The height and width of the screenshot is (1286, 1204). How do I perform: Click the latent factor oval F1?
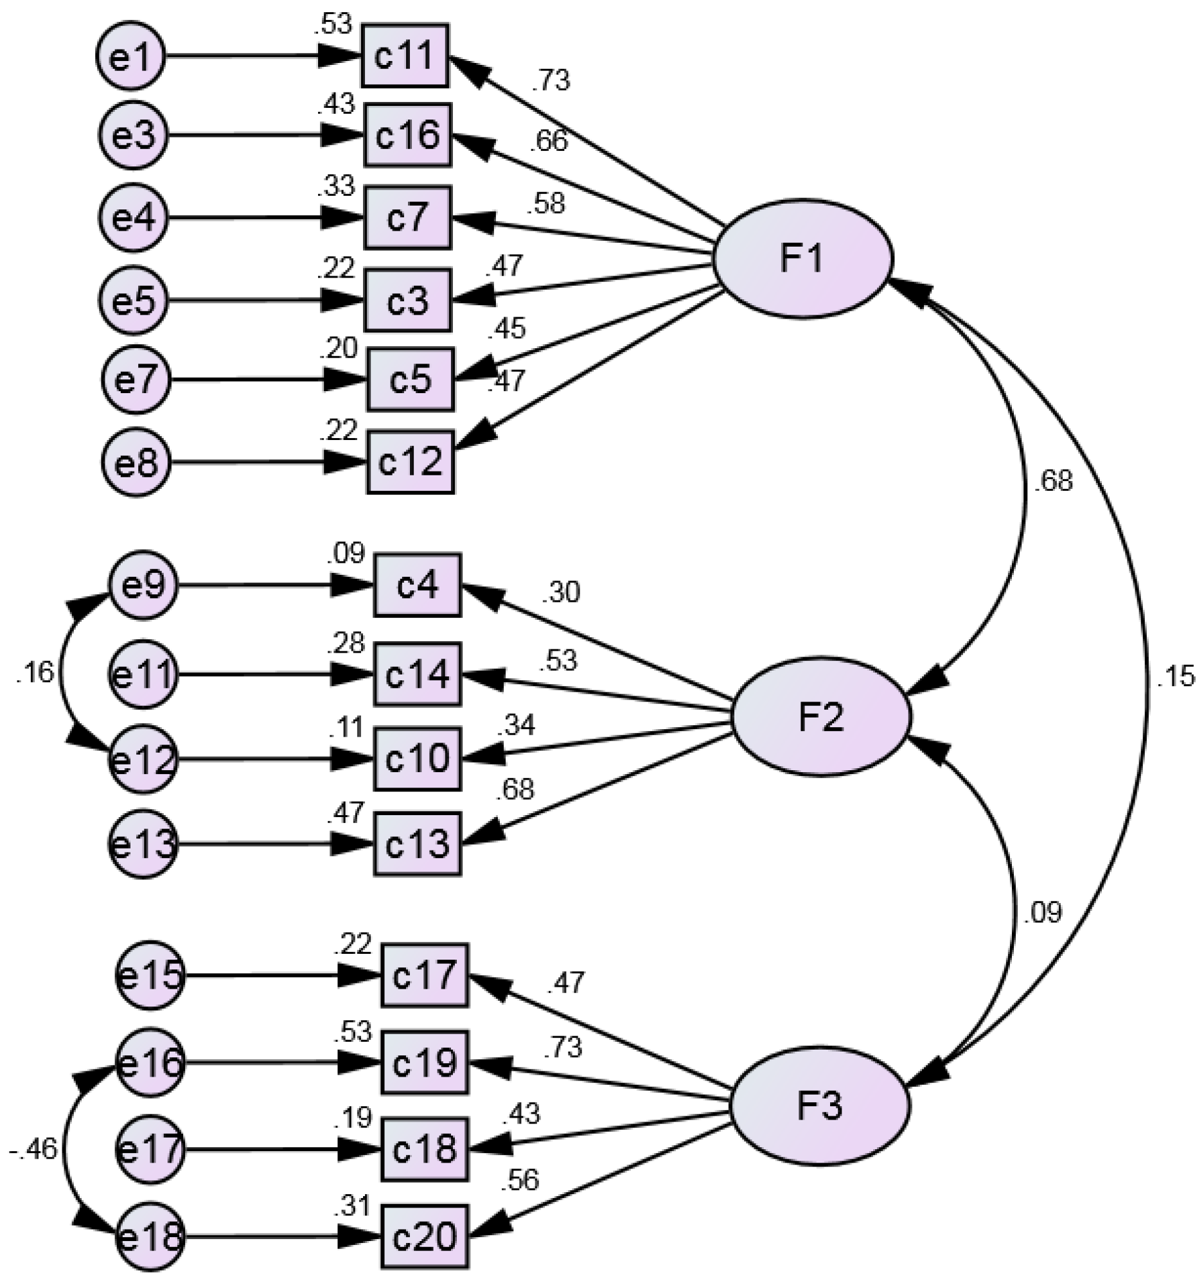tap(803, 259)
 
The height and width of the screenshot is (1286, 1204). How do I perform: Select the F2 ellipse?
tap(821, 717)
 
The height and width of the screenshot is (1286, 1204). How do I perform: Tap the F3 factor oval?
tap(820, 1105)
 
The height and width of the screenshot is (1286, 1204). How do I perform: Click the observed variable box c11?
tap(405, 56)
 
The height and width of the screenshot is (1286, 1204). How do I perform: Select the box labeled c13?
tap(416, 844)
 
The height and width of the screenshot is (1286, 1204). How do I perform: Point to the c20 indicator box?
tap(424, 1237)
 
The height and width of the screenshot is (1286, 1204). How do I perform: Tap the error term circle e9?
tap(144, 586)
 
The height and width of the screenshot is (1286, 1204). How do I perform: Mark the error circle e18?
tap(150, 1237)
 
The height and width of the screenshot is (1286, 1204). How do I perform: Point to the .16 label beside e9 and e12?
tap(35, 673)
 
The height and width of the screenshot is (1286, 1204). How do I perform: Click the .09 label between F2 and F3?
tap(1043, 913)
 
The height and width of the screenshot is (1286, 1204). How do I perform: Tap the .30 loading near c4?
tap(561, 592)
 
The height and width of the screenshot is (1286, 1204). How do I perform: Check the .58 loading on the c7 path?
tap(545, 204)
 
